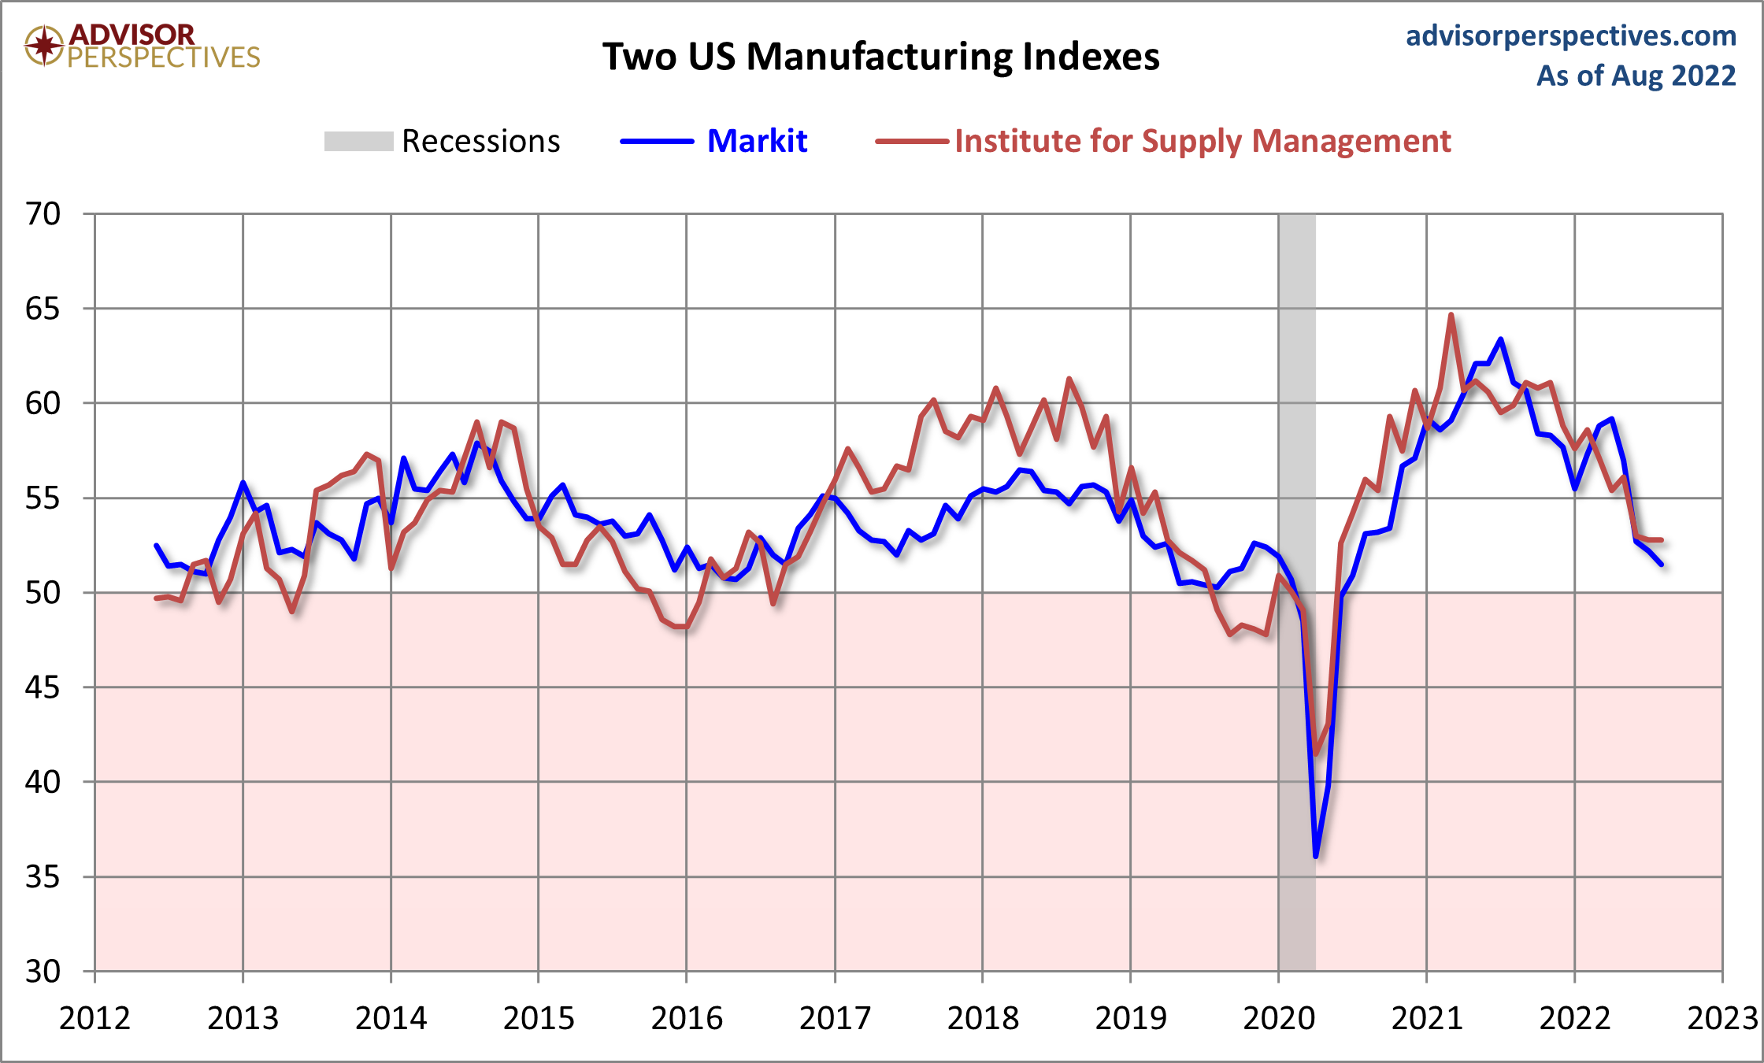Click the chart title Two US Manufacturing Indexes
point(880,57)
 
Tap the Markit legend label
point(757,141)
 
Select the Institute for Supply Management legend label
point(1202,141)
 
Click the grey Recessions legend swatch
point(358,142)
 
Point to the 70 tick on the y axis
point(43,213)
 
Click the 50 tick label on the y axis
point(43,592)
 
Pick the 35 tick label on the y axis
point(43,876)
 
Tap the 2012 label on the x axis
point(94,1018)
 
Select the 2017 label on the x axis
point(835,1018)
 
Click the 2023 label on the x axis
point(1722,1018)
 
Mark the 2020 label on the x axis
point(1279,1018)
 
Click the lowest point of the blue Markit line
point(1316,856)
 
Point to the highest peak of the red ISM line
point(1451,315)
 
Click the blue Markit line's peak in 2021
point(1501,339)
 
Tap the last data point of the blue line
point(1661,565)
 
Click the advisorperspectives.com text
point(1570,35)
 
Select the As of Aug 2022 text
point(1636,76)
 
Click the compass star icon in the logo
point(44,45)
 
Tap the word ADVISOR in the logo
point(132,34)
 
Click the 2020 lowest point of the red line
point(1316,754)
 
